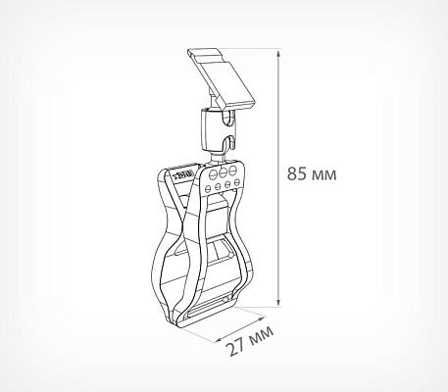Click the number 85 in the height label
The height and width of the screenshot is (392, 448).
click(297, 173)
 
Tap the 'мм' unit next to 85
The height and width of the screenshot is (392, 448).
click(324, 175)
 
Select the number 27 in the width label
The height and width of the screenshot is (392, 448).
click(237, 347)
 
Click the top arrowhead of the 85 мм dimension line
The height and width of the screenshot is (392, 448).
click(278, 54)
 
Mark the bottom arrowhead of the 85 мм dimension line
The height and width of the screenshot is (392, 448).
click(278, 302)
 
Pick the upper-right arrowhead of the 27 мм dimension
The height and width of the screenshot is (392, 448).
click(262, 318)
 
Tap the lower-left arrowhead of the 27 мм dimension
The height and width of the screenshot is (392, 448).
click(220, 340)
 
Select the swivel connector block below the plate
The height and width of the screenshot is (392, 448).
click(218, 129)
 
